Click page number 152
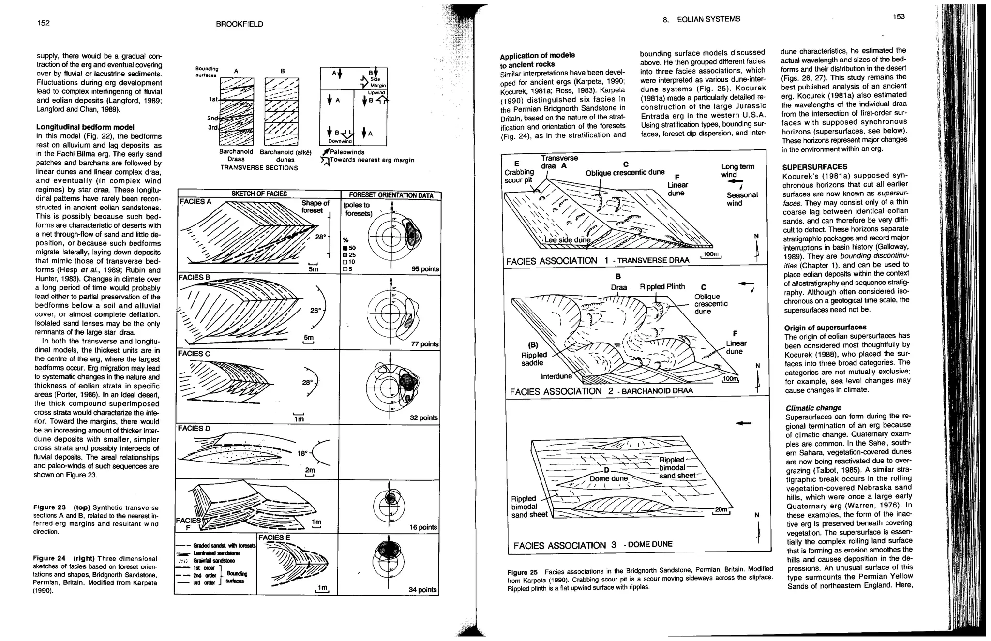44,23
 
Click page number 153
899,17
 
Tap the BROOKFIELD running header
240,24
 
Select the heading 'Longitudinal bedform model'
85,127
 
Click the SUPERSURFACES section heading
814,167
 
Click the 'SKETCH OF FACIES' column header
259,194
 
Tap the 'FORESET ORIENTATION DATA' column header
391,195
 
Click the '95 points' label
425,269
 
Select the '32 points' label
424,417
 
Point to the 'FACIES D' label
194,429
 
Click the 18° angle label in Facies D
302,453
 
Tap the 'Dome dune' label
608,479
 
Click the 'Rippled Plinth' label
662,287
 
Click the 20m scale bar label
721,510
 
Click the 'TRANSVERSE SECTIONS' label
259,168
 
